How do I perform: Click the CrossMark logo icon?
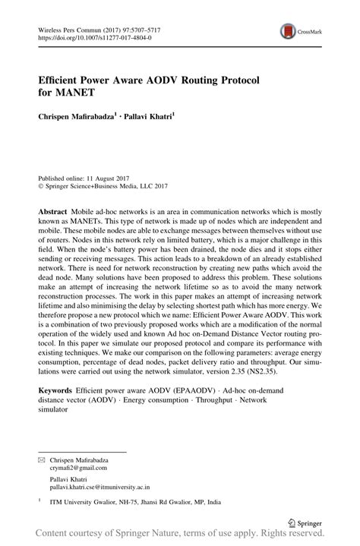point(287,31)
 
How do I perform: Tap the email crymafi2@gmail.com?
point(80,469)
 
